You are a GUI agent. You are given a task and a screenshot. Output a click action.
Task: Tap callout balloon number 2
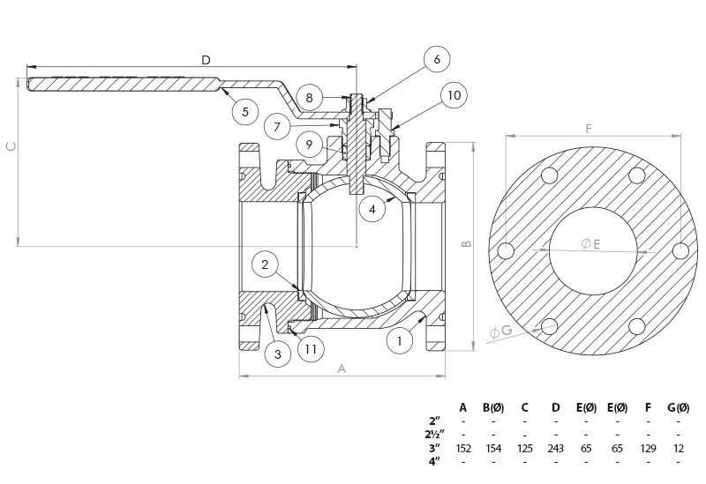[x=265, y=263]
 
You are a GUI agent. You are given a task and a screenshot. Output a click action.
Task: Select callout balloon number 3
[x=277, y=354]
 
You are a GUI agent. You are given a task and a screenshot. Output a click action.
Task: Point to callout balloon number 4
[x=372, y=209]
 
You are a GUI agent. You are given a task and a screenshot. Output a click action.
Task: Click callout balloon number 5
[x=244, y=111]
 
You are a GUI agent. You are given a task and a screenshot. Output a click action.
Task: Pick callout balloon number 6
[x=436, y=59]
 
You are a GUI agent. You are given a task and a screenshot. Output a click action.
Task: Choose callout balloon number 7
[x=277, y=126]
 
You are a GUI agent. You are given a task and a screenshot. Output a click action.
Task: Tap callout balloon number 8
[x=309, y=97]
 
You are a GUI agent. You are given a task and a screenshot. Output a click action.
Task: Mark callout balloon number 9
[x=309, y=145]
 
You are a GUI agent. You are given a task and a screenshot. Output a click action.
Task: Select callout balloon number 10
[x=453, y=95]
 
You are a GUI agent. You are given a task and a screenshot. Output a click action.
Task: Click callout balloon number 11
[x=310, y=348]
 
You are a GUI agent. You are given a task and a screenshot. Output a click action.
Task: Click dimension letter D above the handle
[x=206, y=60]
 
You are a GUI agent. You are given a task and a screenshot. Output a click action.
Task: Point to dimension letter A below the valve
[x=342, y=369]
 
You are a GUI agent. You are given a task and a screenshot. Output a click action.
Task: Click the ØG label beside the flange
[x=500, y=331]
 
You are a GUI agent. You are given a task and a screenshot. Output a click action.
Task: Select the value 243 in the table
[x=555, y=449]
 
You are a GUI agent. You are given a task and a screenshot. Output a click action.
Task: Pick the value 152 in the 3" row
[x=462, y=449]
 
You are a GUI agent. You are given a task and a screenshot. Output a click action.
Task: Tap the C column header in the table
[x=524, y=407]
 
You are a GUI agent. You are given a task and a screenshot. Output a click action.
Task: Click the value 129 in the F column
[x=648, y=449]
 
